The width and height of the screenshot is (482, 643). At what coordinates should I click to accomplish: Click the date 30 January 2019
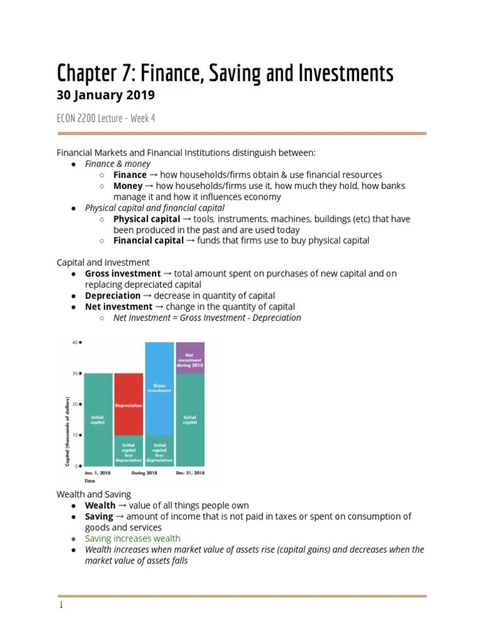(x=105, y=95)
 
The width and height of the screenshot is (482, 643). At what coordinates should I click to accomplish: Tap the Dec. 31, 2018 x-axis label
(x=190, y=473)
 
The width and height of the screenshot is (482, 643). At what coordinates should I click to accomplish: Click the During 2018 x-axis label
(x=144, y=473)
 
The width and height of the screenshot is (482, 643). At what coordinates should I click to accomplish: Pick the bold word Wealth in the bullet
(x=100, y=505)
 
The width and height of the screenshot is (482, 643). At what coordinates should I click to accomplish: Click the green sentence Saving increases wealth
(x=132, y=538)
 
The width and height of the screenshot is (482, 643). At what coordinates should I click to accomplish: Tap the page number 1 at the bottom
(x=60, y=605)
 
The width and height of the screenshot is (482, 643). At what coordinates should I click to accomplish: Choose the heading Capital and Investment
(x=103, y=262)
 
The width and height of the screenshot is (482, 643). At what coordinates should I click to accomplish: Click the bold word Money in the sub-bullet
(x=127, y=186)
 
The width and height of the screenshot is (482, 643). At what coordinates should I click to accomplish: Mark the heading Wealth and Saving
(x=94, y=494)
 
